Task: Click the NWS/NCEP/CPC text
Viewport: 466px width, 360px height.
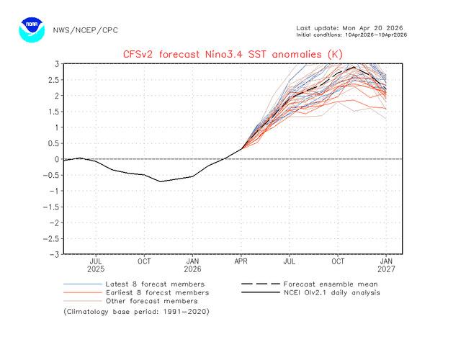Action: [x=85, y=30]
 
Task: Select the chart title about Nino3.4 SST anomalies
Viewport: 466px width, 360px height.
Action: [x=233, y=53]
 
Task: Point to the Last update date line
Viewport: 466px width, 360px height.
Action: [x=349, y=28]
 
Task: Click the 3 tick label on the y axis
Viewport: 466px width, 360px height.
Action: [x=55, y=63]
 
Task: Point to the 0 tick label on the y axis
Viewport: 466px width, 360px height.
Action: [x=55, y=159]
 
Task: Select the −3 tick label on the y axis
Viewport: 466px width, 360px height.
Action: [x=53, y=254]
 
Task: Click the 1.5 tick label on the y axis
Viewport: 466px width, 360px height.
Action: [x=53, y=112]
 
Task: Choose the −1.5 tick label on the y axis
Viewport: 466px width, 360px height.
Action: [x=50, y=207]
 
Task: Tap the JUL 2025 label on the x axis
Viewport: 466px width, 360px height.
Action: [x=96, y=266]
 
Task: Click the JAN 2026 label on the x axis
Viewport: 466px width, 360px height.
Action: [x=192, y=266]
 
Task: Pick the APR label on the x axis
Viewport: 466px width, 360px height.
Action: [x=241, y=261]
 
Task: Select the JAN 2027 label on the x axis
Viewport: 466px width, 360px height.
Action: [x=387, y=266]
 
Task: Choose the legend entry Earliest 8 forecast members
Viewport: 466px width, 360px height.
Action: [x=157, y=292]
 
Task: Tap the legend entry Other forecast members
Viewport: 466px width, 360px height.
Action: [x=151, y=301]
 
